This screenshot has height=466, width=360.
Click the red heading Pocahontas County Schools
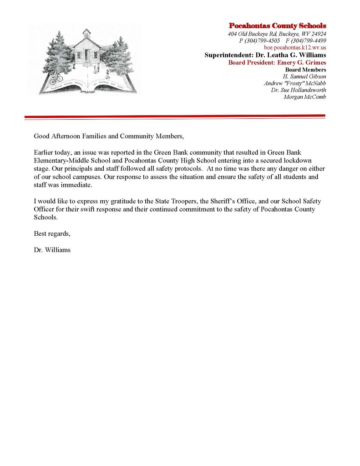277,25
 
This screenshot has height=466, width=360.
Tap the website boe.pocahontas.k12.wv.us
295,47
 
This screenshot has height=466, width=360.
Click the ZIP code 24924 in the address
317,34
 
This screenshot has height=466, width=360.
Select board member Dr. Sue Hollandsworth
299,90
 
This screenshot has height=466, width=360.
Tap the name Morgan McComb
305,97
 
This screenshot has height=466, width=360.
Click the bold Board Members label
305,70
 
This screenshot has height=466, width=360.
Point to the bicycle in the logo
56,79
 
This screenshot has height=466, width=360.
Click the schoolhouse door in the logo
86,56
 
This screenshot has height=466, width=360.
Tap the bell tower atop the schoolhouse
86,33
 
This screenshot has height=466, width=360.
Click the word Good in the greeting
41,136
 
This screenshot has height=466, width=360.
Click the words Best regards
52,233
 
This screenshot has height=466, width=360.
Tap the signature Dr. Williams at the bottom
52,250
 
